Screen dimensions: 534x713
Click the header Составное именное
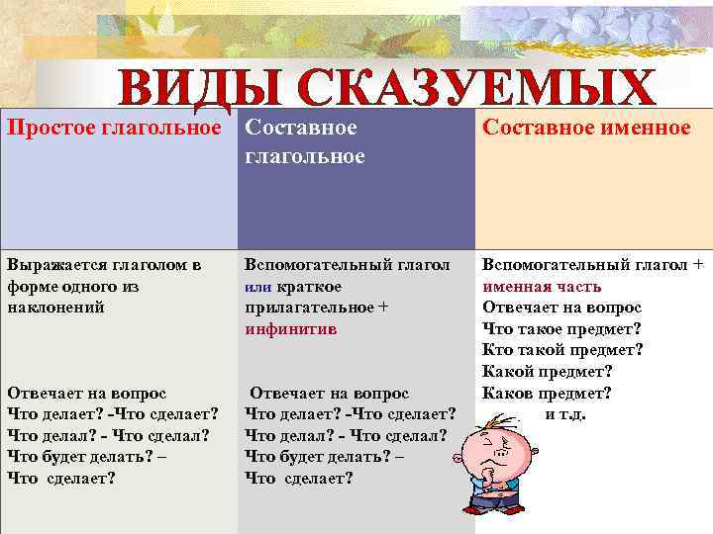pos(586,128)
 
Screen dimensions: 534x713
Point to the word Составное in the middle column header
pos(300,128)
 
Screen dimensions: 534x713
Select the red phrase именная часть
pos(542,287)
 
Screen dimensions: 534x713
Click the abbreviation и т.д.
pos(565,413)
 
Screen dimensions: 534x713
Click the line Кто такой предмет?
pos(562,350)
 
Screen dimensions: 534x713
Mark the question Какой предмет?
pos(547,371)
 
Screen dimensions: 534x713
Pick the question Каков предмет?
pos(547,392)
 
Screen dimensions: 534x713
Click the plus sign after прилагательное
pos(382,308)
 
